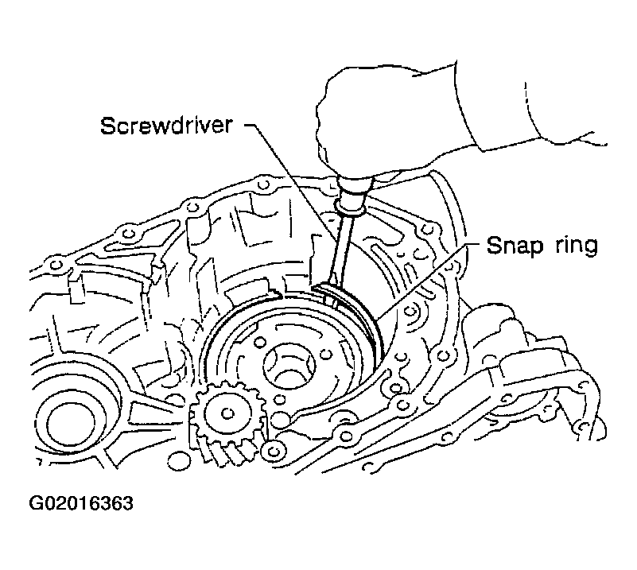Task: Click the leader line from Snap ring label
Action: pyautogui.click(x=429, y=278)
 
